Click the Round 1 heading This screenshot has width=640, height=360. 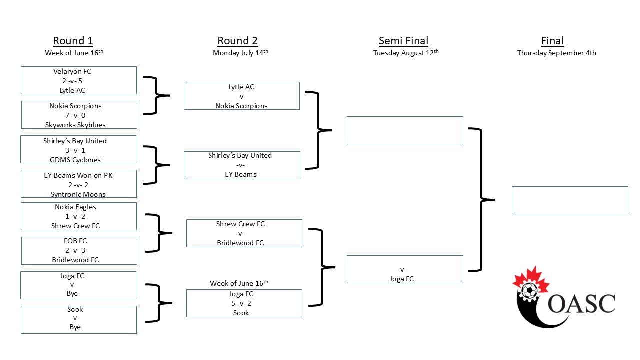(x=73, y=41)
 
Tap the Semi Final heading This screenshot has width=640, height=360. (x=403, y=41)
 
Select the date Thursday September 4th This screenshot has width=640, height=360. (x=557, y=53)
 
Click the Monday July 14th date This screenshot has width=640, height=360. (x=240, y=53)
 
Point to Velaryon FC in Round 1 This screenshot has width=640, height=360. (x=72, y=71)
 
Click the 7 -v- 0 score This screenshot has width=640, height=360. (x=75, y=115)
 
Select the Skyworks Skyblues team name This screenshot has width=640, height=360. (x=75, y=125)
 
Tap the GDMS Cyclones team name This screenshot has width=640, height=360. (x=75, y=160)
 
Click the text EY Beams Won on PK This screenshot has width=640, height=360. (x=78, y=175)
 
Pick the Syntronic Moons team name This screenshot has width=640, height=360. (x=78, y=194)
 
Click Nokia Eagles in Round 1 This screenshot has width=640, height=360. (x=75, y=207)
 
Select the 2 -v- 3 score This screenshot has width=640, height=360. (x=75, y=250)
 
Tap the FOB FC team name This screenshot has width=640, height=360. (x=75, y=241)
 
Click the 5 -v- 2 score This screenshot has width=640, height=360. (x=241, y=303)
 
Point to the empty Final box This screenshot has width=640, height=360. (x=570, y=200)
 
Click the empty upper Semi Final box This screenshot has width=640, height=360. (x=405, y=130)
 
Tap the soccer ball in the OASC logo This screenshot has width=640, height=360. (x=529, y=291)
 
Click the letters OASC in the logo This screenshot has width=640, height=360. (x=581, y=304)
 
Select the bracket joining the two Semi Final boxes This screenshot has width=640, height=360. (x=481, y=200)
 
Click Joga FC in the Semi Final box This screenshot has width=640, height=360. (x=402, y=279)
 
